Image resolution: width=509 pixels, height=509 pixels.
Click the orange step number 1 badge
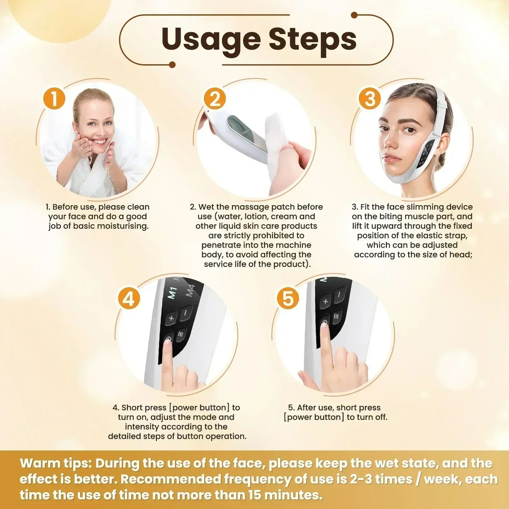[54, 98]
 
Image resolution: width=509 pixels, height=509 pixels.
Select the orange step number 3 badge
[370, 98]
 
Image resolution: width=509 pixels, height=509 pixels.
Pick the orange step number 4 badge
[129, 299]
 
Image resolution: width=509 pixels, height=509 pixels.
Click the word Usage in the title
[211, 39]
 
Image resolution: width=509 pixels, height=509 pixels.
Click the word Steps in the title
[312, 39]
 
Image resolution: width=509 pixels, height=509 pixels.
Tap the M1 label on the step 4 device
[172, 293]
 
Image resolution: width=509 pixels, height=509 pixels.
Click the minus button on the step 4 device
[186, 312]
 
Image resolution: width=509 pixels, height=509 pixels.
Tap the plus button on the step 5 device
[325, 301]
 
